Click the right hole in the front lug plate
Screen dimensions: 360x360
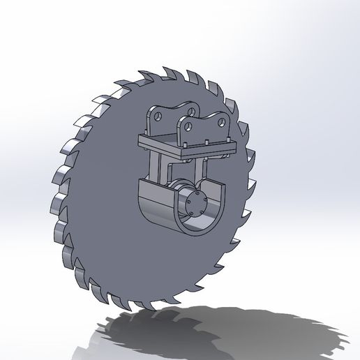tap(222, 122)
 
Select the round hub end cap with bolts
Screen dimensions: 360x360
tap(197, 204)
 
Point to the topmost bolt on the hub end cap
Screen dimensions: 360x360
tap(198, 193)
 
